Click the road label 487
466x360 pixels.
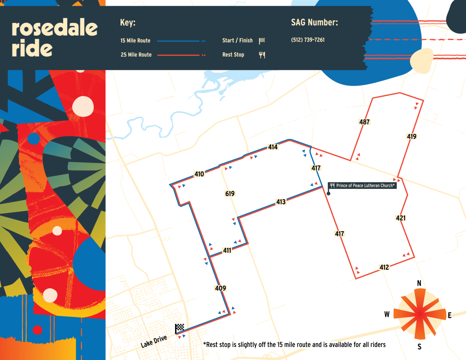pyautogui.click(x=364, y=122)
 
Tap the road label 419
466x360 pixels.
pyautogui.click(x=412, y=137)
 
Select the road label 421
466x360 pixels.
pyautogui.click(x=400, y=218)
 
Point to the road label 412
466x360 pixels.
pyautogui.click(x=384, y=267)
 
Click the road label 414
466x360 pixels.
pyautogui.click(x=273, y=147)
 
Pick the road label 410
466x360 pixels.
pyautogui.click(x=199, y=174)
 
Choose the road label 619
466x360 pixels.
pyautogui.click(x=230, y=194)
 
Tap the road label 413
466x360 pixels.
pyautogui.click(x=281, y=202)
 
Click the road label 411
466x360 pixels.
pyautogui.click(x=227, y=251)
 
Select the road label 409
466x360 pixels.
pyautogui.click(x=220, y=288)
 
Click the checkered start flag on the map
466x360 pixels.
pyautogui.click(x=179, y=329)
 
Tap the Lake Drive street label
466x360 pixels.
pyautogui.click(x=154, y=341)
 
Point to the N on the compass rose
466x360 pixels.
pyautogui.click(x=419, y=284)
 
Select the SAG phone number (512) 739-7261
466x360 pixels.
pyautogui.click(x=308, y=40)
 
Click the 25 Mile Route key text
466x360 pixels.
pyautogui.click(x=136, y=55)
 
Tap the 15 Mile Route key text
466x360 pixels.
pyautogui.click(x=136, y=41)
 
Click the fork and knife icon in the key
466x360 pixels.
pyautogui.click(x=262, y=55)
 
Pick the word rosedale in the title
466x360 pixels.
pyautogui.click(x=54, y=28)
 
